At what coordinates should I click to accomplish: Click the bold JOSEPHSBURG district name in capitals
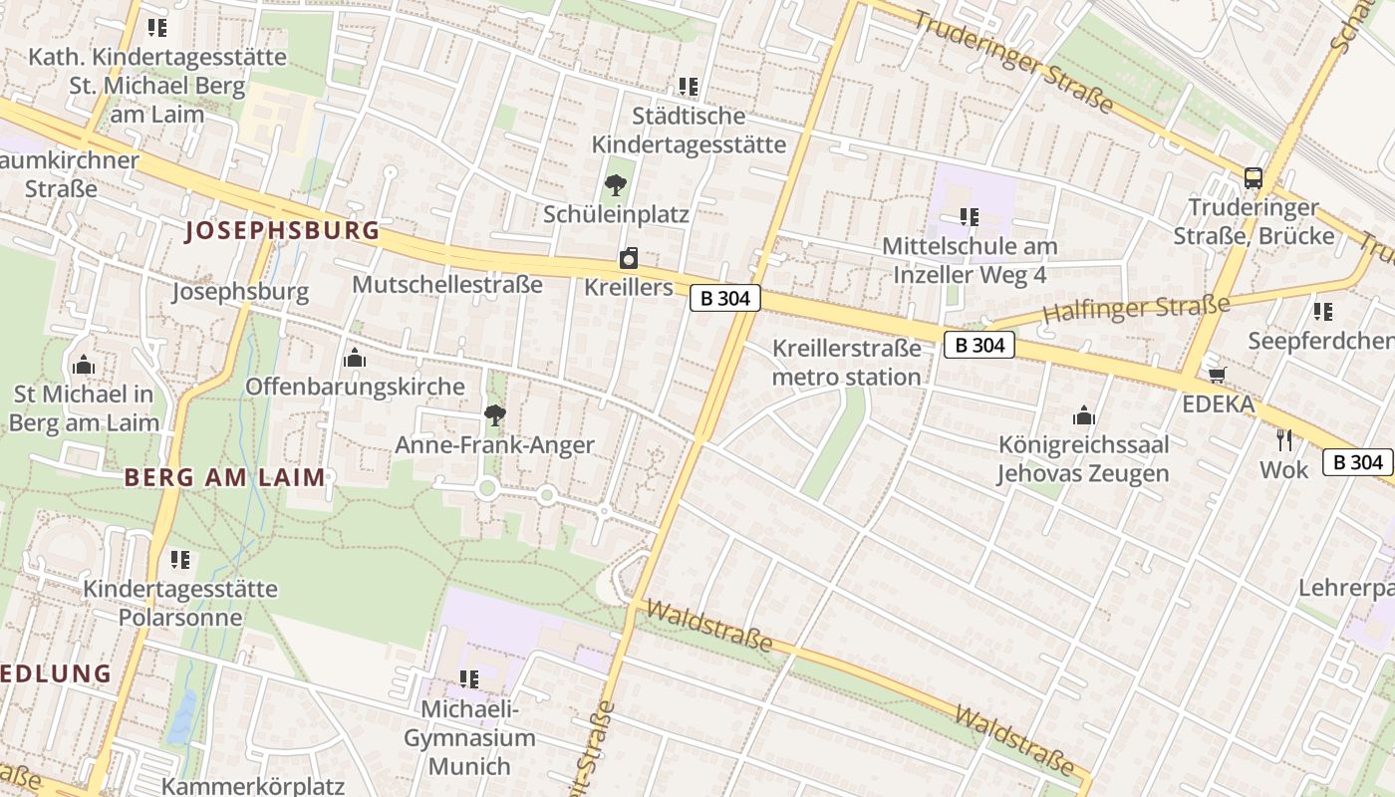click(283, 231)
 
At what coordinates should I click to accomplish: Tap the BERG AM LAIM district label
click(225, 477)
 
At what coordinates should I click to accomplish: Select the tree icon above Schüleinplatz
click(616, 184)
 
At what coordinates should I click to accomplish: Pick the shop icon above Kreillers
click(629, 259)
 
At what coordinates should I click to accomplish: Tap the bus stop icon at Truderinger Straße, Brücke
click(1254, 178)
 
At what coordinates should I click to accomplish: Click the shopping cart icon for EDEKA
click(1217, 375)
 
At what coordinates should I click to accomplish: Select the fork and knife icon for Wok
click(1284, 439)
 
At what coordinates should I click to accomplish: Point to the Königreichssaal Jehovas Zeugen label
click(1083, 458)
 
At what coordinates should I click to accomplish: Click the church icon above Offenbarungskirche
click(355, 358)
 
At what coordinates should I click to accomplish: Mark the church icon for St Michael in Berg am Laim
click(84, 365)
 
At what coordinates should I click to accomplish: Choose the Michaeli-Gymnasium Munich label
click(469, 738)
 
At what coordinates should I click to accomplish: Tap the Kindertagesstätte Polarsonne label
click(180, 603)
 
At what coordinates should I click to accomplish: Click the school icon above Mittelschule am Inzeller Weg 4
click(969, 216)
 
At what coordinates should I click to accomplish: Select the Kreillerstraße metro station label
click(846, 363)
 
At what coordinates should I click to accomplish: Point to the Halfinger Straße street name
click(1136, 309)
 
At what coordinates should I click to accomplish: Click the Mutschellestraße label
click(447, 285)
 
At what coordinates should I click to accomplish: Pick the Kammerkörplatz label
click(253, 786)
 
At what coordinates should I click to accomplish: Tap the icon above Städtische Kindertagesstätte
click(689, 87)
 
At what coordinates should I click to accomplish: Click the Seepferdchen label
click(1321, 342)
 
